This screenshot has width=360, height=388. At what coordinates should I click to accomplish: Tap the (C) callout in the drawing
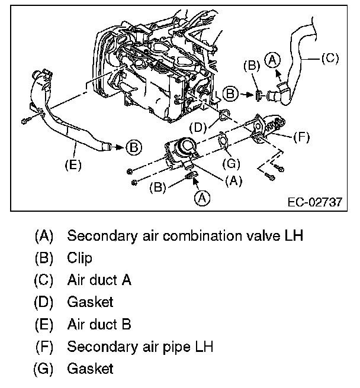(329, 58)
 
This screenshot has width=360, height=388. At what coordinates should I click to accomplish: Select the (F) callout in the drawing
(301, 136)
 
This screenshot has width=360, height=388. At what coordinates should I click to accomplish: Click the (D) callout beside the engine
(199, 127)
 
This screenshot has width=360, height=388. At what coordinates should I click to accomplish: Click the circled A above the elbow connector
(272, 59)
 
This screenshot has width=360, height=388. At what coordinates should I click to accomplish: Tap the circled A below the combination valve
(202, 198)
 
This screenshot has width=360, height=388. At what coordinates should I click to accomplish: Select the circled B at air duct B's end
(134, 146)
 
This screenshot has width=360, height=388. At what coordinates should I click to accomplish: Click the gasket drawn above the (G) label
(223, 141)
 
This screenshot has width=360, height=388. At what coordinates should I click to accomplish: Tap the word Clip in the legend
(79, 258)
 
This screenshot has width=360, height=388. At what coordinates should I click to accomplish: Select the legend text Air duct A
(99, 280)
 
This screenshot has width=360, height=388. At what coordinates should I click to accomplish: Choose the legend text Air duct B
(99, 324)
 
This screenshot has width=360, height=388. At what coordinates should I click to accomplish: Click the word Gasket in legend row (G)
(90, 368)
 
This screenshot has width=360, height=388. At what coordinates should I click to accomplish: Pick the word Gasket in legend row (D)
(90, 302)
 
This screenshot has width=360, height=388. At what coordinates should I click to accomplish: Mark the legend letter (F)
(44, 347)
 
